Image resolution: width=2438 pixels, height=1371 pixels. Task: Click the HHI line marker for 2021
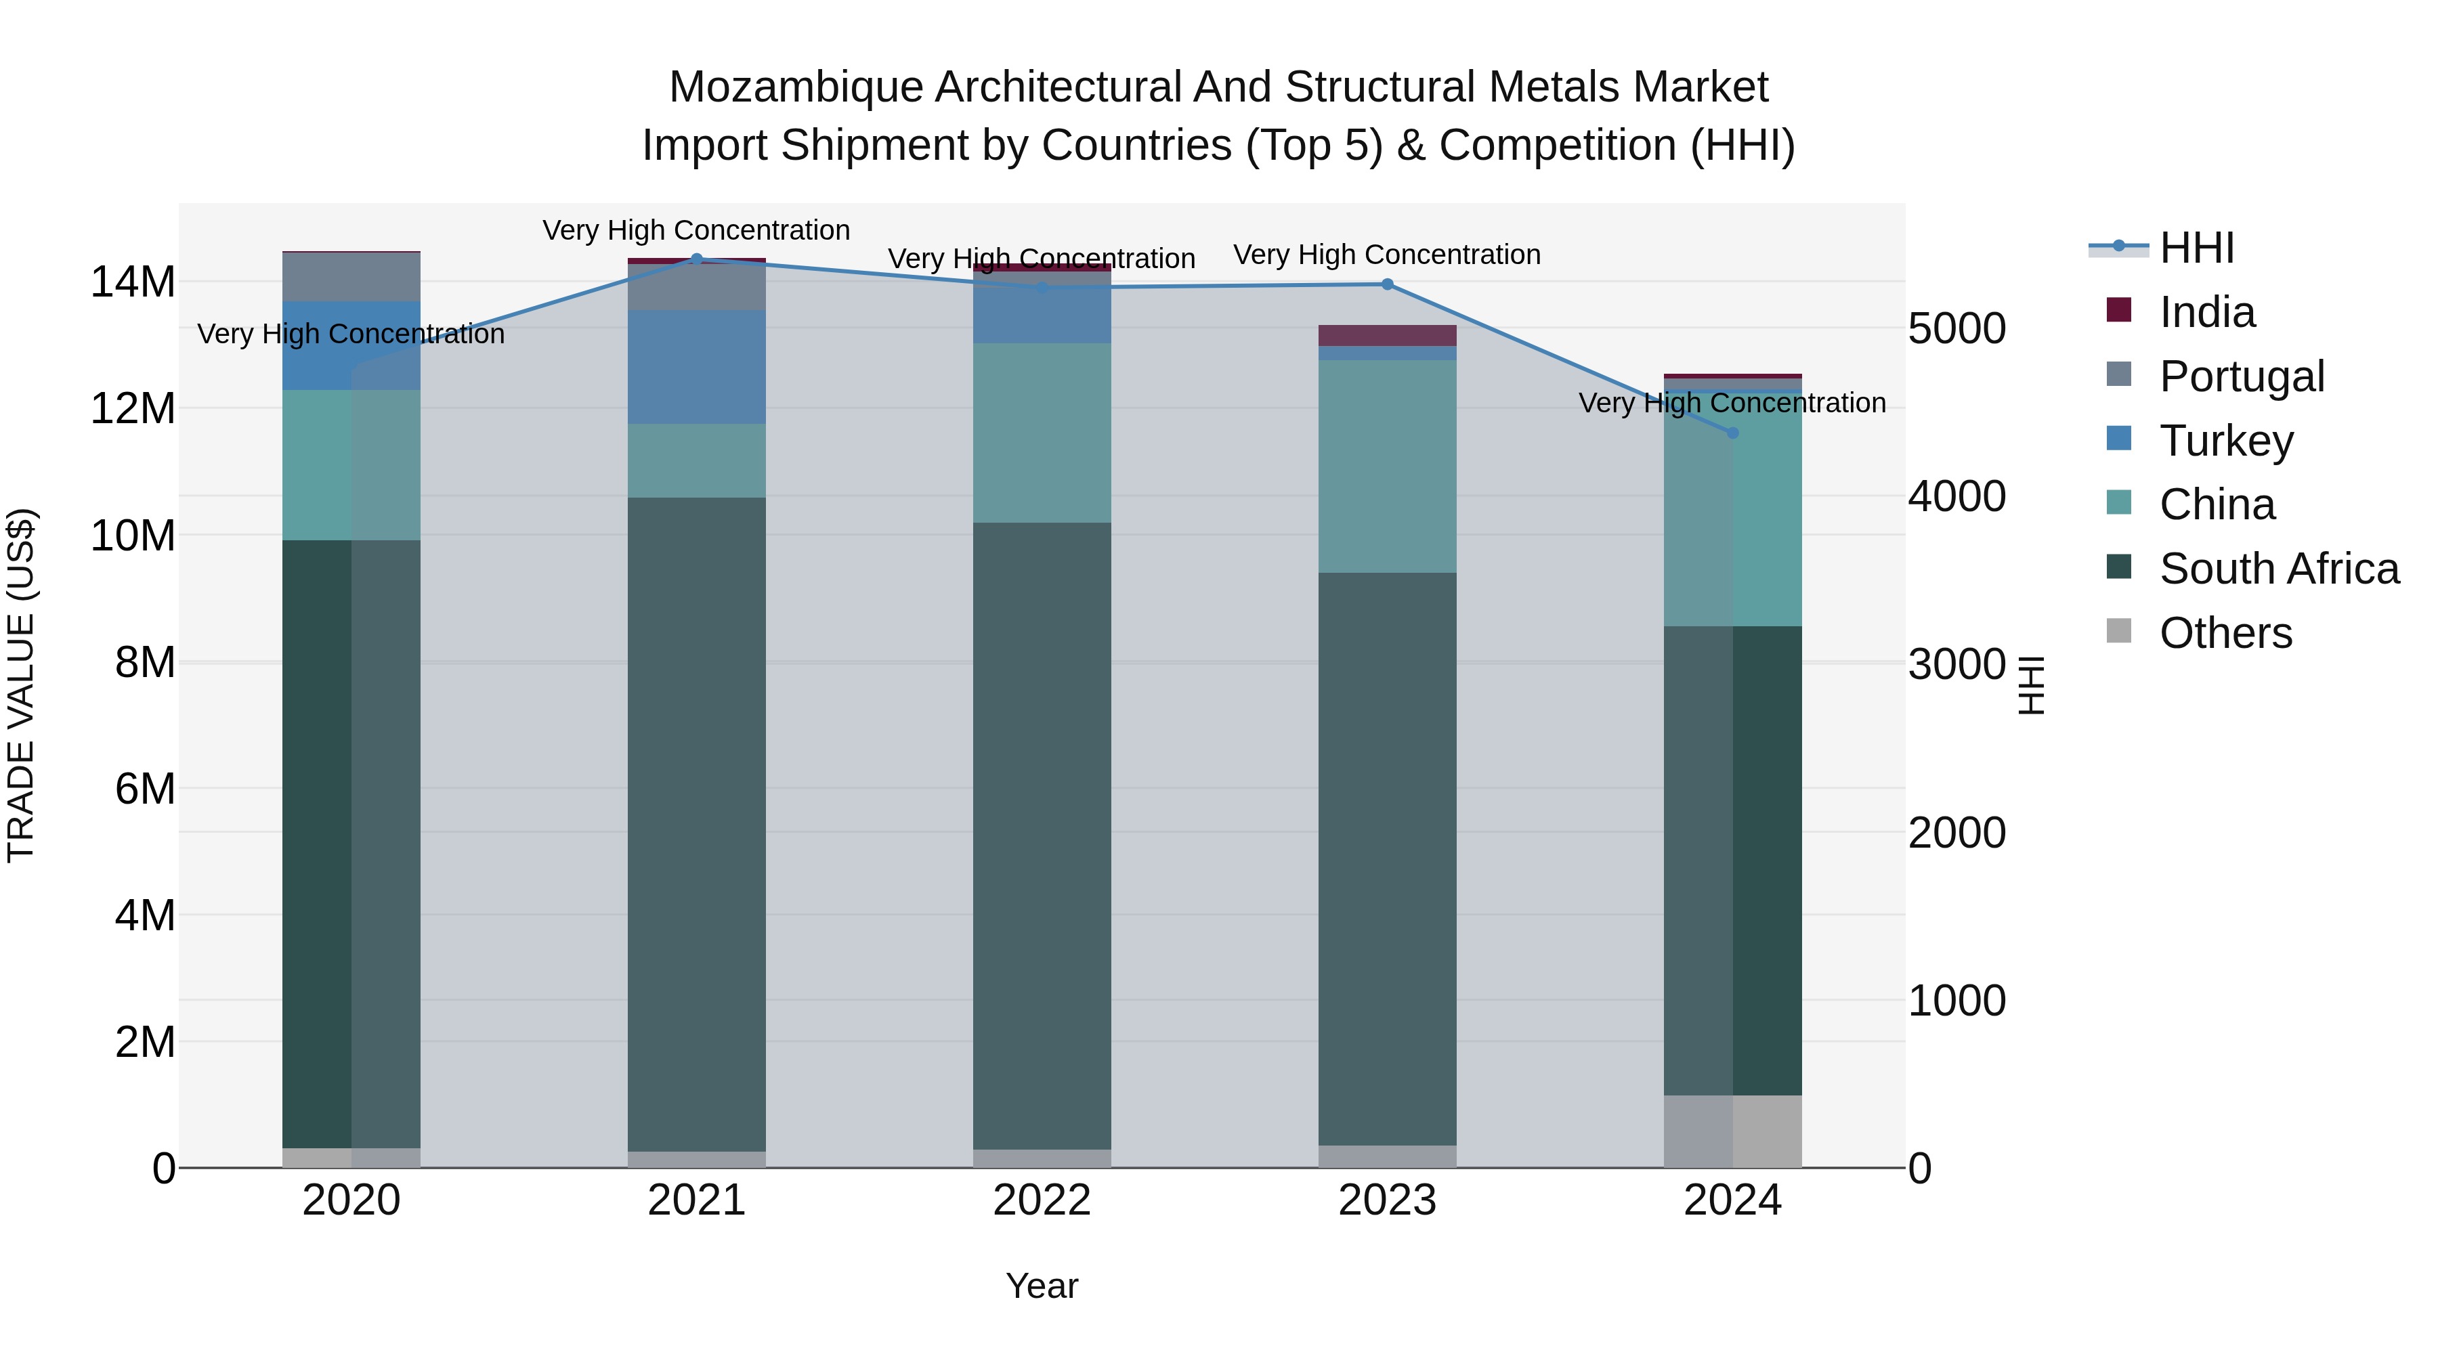click(x=697, y=259)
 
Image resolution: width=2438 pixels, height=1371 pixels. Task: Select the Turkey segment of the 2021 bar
click(x=697, y=367)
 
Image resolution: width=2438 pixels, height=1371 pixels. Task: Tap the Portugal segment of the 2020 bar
click(x=351, y=277)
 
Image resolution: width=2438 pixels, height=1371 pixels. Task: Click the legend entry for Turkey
click(x=2226, y=441)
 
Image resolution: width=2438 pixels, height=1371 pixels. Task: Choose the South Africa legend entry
click(x=2278, y=569)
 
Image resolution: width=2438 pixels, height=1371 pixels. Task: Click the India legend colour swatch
click(x=2119, y=310)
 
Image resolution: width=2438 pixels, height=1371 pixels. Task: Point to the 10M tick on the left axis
click(x=133, y=536)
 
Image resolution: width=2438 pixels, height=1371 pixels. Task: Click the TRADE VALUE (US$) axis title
click(x=21, y=685)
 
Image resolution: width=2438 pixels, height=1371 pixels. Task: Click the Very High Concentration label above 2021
click(x=697, y=230)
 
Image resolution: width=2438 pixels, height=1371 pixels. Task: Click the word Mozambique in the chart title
click(x=795, y=87)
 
